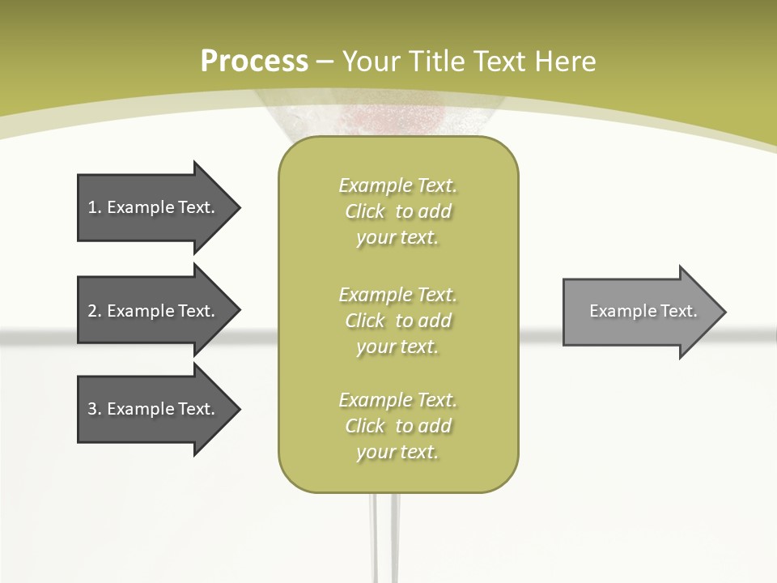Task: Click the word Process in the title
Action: [x=254, y=62]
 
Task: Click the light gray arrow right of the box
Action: [x=639, y=311]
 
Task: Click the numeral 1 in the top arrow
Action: [x=92, y=207]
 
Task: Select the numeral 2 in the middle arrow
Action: [x=92, y=311]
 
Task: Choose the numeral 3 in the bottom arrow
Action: [x=92, y=409]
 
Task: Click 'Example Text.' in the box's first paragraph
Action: [x=398, y=185]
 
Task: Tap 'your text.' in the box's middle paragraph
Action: [x=397, y=347]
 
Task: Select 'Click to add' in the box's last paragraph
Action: [x=398, y=426]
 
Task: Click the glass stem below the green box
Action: [x=384, y=534]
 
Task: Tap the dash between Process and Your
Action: [x=325, y=62]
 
